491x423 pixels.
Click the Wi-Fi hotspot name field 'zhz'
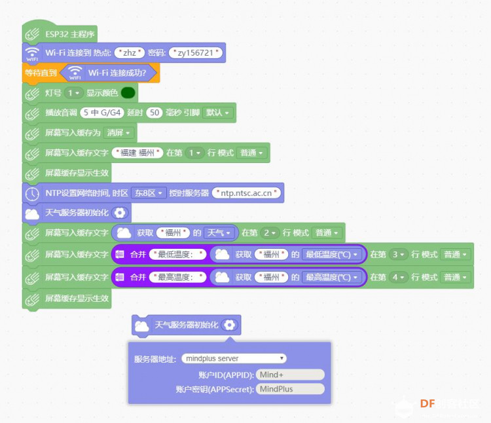pyautogui.click(x=130, y=52)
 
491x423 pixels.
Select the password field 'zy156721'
pyautogui.click(x=195, y=52)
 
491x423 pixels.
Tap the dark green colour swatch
pyautogui.click(x=128, y=93)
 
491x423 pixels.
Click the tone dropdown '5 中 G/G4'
pyautogui.click(x=102, y=113)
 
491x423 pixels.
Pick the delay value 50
pyautogui.click(x=155, y=113)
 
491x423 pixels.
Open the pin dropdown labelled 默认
pyautogui.click(x=217, y=113)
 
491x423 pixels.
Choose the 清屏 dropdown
pyautogui.click(x=118, y=133)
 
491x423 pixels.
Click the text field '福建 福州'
pyautogui.click(x=137, y=153)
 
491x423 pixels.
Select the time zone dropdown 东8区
pyautogui.click(x=148, y=193)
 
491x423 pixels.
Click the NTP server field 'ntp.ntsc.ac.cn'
pyautogui.click(x=246, y=193)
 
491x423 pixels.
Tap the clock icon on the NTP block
pyautogui.click(x=32, y=194)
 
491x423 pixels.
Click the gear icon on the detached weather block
pyautogui.click(x=229, y=325)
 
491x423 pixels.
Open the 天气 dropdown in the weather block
pyautogui.click(x=219, y=233)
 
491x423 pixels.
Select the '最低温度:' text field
pyautogui.click(x=178, y=255)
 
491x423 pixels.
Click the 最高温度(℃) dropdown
pyautogui.click(x=332, y=277)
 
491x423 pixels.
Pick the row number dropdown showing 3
pyautogui.click(x=398, y=255)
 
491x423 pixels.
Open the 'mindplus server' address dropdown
pyautogui.click(x=234, y=358)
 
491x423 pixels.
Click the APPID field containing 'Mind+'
pyautogui.click(x=290, y=375)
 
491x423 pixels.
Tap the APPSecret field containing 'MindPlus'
pyautogui.click(x=290, y=389)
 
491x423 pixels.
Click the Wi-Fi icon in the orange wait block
pyautogui.click(x=75, y=73)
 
